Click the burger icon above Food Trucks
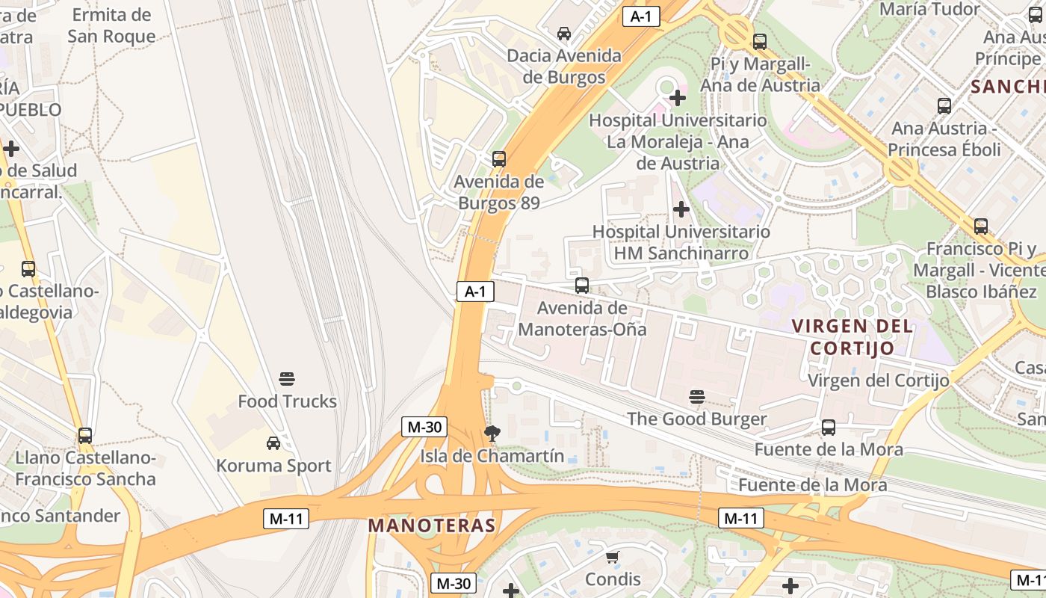tap(288, 378)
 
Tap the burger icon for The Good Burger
tap(697, 396)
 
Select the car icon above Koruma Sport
tap(273, 443)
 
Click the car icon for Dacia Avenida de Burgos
tap(564, 33)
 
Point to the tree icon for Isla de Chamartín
tap(492, 433)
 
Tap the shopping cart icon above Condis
tap(613, 557)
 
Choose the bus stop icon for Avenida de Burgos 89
tap(499, 158)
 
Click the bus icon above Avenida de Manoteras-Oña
tap(582, 285)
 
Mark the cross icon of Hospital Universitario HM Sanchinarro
tap(681, 209)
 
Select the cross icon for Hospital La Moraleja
tap(678, 97)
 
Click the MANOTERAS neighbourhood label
tap(432, 525)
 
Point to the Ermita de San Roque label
tap(111, 25)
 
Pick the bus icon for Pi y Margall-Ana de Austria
tap(760, 42)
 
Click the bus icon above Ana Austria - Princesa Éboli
tap(944, 106)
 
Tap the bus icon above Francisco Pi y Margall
tap(981, 226)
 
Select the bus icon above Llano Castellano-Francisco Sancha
tap(85, 435)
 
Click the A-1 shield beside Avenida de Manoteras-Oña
tap(475, 292)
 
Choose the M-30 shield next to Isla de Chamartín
tap(424, 427)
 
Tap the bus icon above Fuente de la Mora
tap(829, 427)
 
